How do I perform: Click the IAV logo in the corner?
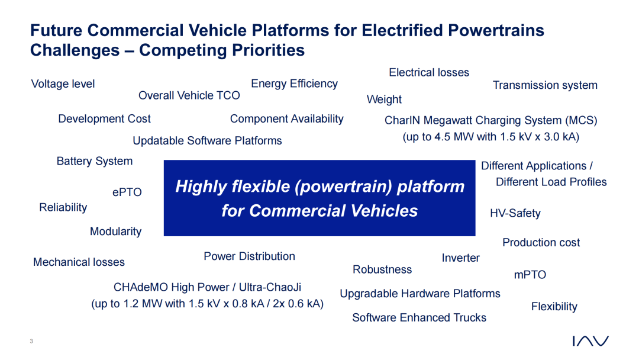590,341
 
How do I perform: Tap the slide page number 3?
31,341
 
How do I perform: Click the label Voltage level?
63,84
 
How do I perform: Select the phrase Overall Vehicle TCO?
189,95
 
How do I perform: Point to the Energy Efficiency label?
294,84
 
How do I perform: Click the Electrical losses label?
429,73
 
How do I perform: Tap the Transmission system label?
545,85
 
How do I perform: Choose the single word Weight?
384,100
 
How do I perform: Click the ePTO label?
127,192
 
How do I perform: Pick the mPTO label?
530,275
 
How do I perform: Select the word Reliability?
63,207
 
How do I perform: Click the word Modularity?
116,232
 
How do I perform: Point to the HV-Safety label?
515,213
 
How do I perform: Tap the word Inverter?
460,258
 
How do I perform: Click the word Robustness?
382,269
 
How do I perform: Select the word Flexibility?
554,307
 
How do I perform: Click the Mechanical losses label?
79,262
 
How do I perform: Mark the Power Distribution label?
250,256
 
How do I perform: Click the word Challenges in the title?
75,50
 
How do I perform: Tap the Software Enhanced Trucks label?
419,317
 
